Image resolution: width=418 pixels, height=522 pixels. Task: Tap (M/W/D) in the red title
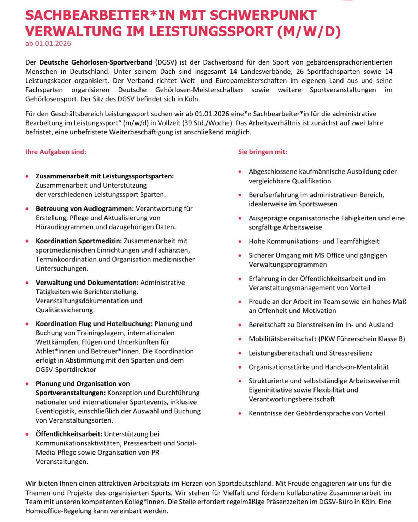(x=309, y=31)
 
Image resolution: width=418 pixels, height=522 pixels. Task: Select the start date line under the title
(x=48, y=44)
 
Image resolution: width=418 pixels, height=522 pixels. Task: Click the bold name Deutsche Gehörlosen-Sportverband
(x=96, y=62)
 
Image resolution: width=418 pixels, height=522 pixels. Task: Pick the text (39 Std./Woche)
(x=208, y=123)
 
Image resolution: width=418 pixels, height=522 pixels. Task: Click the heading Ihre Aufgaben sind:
(x=56, y=152)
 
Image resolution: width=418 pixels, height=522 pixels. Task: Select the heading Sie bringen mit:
(x=263, y=152)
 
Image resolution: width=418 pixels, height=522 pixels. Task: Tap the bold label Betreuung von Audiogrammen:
(x=85, y=209)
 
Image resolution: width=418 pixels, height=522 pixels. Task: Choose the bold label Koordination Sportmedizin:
(x=79, y=241)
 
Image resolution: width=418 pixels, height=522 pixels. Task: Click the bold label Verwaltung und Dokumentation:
(x=87, y=283)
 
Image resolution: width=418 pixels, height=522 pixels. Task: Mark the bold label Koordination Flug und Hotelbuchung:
(x=94, y=324)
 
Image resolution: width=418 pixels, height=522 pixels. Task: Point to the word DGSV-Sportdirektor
(x=66, y=370)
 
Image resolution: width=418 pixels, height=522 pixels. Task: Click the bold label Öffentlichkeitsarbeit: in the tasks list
(x=69, y=434)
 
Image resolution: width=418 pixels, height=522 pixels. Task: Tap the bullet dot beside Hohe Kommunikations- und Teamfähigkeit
(x=240, y=242)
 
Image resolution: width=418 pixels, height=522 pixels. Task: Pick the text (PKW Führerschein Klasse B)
(x=362, y=339)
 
